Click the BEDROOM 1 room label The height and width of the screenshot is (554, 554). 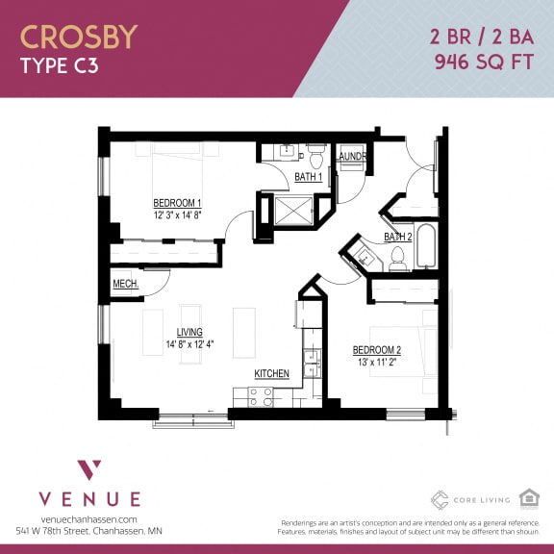(177, 203)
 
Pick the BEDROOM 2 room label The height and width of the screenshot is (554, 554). (377, 349)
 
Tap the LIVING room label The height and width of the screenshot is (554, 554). (176, 332)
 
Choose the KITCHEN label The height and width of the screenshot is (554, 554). (272, 373)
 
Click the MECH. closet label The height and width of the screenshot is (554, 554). (125, 284)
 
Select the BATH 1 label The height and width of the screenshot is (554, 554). (308, 177)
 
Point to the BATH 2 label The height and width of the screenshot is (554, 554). (397, 237)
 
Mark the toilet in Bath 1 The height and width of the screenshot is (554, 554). (315, 155)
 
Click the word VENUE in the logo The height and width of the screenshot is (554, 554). (89, 498)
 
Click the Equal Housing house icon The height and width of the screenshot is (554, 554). (528, 497)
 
